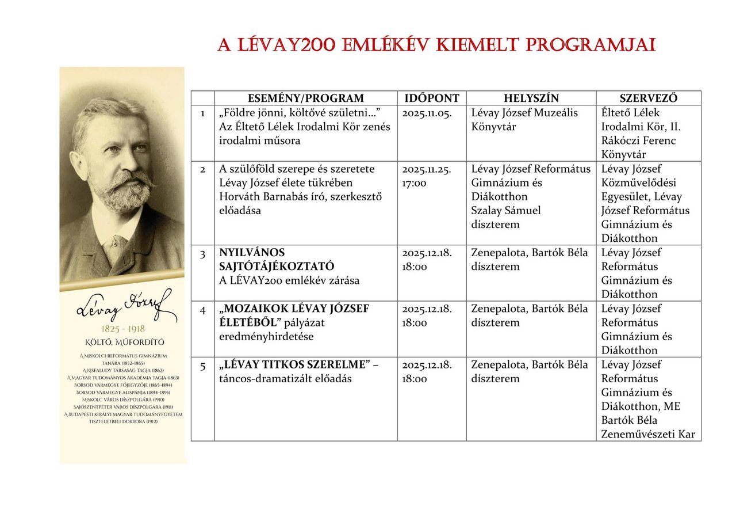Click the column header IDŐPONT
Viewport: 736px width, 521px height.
coord(432,98)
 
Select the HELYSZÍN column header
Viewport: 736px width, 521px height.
coord(531,98)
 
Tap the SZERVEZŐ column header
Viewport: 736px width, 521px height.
coord(648,98)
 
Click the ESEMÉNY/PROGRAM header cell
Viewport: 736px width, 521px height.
coord(305,98)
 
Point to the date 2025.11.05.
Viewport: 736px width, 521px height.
coord(427,113)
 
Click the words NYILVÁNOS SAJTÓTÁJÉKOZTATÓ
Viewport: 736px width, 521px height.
coord(276,260)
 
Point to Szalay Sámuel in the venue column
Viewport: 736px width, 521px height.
coord(506,211)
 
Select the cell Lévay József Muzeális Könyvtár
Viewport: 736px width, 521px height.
coord(524,120)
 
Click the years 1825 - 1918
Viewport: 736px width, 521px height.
coord(122,329)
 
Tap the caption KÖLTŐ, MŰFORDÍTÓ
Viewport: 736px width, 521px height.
coord(123,342)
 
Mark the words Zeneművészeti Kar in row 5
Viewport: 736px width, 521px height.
coord(648,435)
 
